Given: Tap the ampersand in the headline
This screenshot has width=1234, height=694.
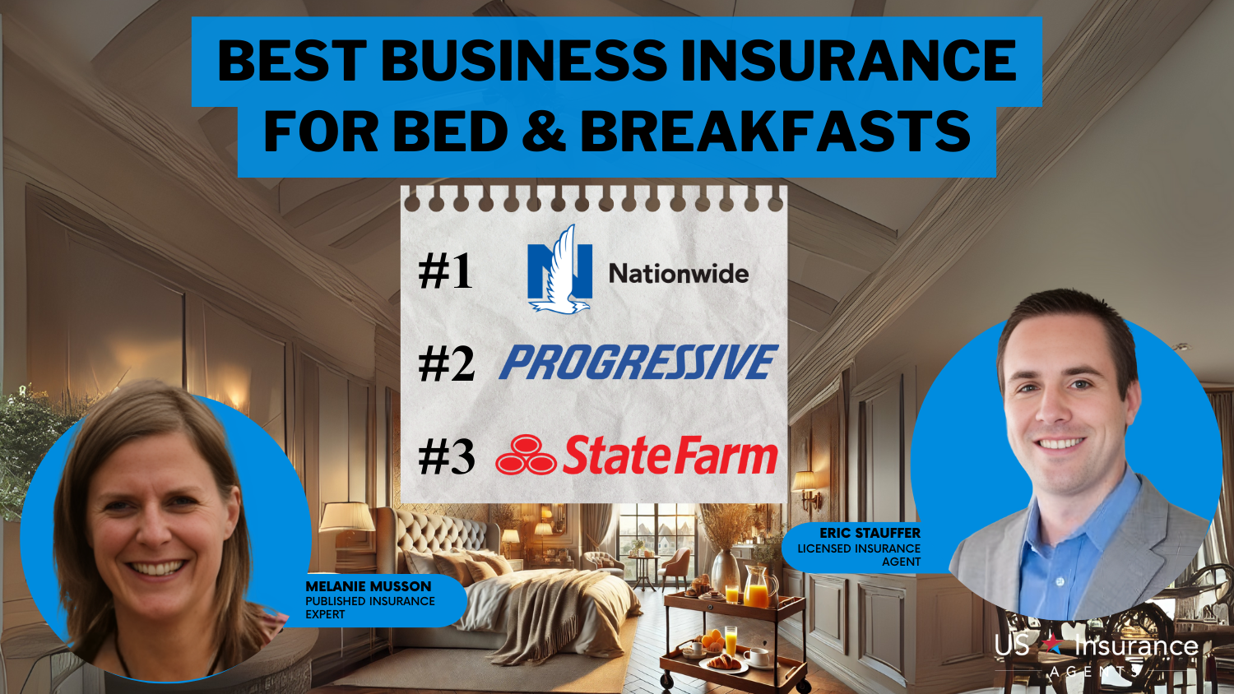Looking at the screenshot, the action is [x=544, y=131].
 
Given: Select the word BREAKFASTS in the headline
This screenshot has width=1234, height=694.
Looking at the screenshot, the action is [x=775, y=131].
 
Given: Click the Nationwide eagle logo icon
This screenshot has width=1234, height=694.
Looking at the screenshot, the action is [x=559, y=270].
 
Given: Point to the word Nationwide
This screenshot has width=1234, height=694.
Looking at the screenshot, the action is [x=679, y=274].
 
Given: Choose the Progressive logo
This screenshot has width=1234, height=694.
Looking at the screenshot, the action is [x=638, y=362].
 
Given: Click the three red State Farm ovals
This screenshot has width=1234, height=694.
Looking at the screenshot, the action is [x=526, y=455].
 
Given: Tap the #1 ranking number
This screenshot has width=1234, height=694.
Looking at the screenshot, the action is [x=445, y=271].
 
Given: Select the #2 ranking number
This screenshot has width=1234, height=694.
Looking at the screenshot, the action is [x=446, y=364].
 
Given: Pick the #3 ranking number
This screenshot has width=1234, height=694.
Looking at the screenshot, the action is [x=446, y=456].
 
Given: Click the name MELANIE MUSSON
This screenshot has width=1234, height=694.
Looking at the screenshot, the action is [x=369, y=586].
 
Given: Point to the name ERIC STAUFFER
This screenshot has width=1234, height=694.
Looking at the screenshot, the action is [x=870, y=533].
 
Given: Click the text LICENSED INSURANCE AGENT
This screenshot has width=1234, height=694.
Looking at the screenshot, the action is [x=859, y=555].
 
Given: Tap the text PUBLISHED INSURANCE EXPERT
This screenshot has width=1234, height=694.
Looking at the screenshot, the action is [x=370, y=608].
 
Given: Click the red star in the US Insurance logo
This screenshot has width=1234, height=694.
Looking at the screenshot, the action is [x=1053, y=643].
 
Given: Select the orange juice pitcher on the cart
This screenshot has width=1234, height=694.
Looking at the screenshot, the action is [x=759, y=587].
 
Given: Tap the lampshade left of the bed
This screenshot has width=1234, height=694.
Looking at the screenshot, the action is [x=347, y=516].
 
